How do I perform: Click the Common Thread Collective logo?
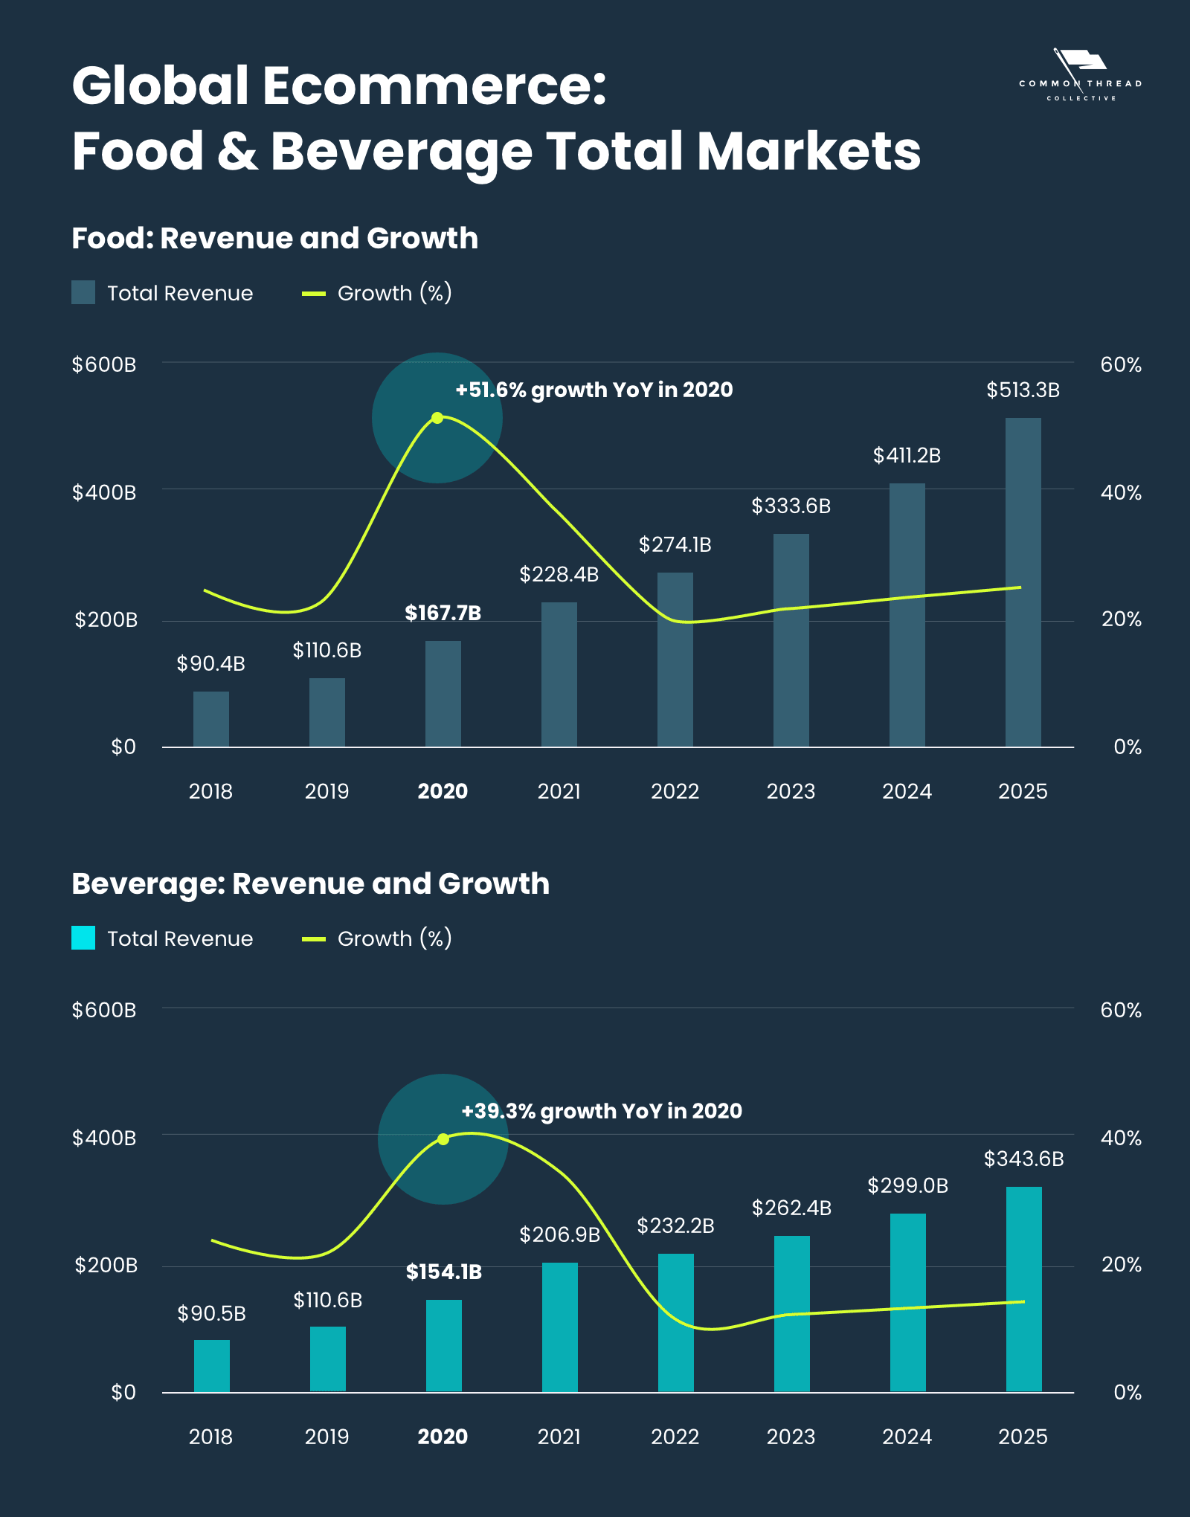coord(1081,75)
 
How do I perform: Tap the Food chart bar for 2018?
coord(211,719)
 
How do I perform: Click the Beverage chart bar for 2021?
coord(560,1327)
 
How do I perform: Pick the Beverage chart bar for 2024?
coord(908,1303)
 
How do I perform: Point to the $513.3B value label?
coord(1023,390)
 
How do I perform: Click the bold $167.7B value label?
coord(443,613)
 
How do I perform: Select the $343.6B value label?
coord(1023,1159)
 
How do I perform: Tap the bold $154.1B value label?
coord(444,1272)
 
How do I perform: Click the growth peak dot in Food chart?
coord(437,418)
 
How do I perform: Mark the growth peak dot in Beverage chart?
coord(443,1139)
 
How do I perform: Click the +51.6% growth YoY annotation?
coord(594,390)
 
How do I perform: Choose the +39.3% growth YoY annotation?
coord(601,1112)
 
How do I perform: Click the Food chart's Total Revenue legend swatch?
coord(83,293)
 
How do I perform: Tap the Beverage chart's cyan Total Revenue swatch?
coord(83,938)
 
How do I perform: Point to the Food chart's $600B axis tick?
coord(104,365)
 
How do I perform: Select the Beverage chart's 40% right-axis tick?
coord(1121,1138)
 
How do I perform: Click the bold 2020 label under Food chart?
coord(443,791)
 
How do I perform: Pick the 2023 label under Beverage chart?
coord(791,1437)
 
